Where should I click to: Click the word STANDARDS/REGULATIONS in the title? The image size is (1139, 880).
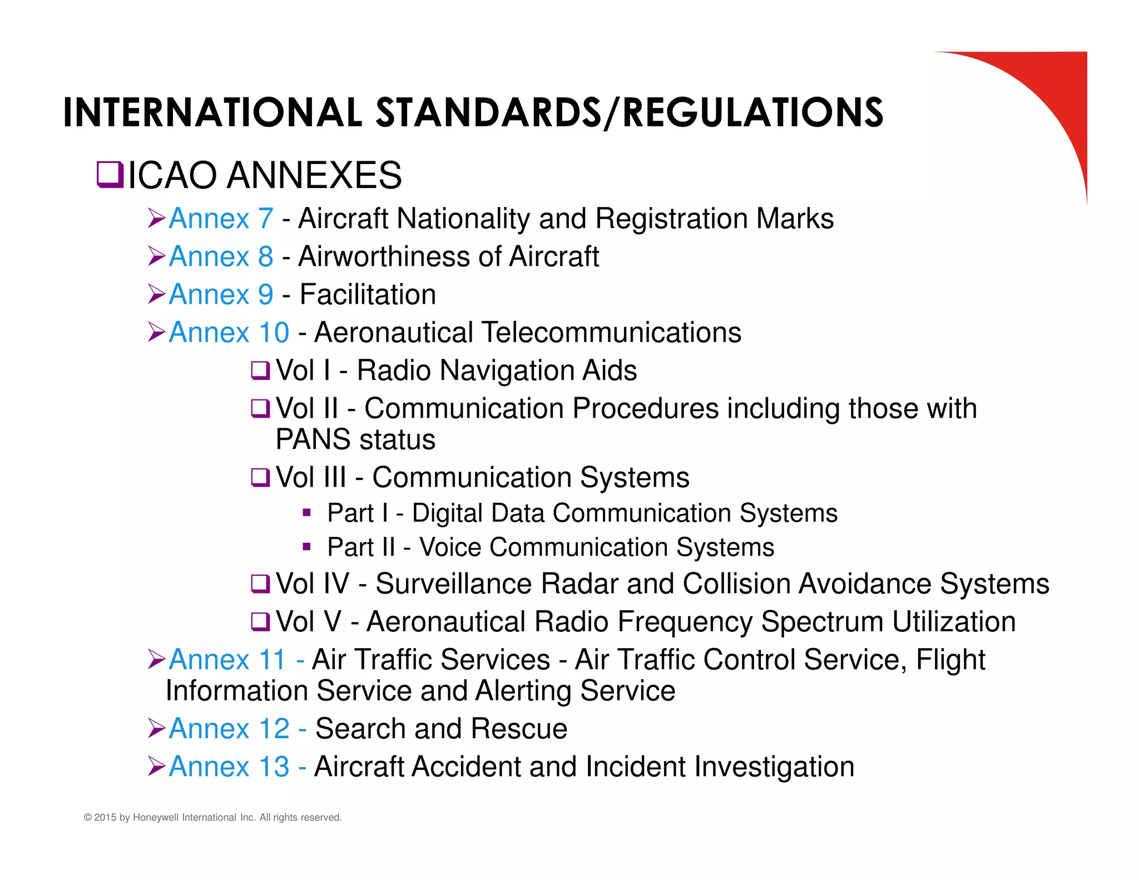[x=630, y=113]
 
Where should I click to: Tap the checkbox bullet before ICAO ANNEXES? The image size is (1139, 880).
[x=110, y=175]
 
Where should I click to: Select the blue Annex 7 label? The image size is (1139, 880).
[x=221, y=218]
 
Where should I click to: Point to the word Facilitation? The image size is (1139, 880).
[x=368, y=294]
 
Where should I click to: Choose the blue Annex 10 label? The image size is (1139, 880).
[x=229, y=333]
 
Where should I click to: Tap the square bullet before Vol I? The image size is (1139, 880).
[x=260, y=370]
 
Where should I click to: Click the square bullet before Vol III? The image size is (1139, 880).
[x=260, y=477]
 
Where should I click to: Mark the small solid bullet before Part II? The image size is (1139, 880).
[x=306, y=547]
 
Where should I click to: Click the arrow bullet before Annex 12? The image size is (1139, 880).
[x=156, y=729]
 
